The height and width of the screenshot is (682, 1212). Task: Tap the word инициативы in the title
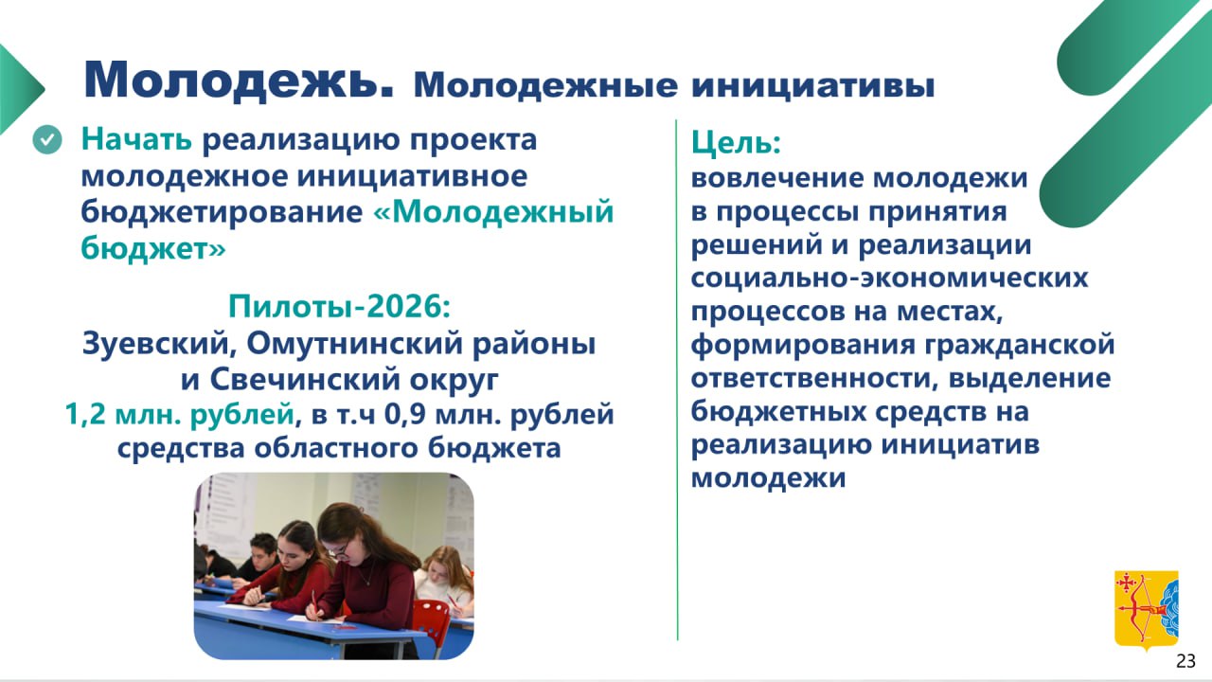click(x=813, y=85)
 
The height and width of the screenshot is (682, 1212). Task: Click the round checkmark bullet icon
click(x=47, y=139)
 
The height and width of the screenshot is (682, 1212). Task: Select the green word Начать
click(x=136, y=139)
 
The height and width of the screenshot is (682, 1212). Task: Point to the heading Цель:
click(x=736, y=143)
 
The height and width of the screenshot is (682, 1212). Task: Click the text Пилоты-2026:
click(x=339, y=306)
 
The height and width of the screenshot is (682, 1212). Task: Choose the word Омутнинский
click(x=354, y=344)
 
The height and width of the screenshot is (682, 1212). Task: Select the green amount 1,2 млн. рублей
click(x=179, y=415)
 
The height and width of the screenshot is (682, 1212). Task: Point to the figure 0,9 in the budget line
click(x=405, y=415)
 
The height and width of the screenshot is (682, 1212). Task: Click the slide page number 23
click(x=1186, y=661)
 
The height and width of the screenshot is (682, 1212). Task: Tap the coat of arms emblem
click(x=1146, y=610)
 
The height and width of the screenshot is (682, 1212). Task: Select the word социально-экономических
click(x=889, y=278)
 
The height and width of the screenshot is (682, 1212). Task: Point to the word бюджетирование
click(x=222, y=212)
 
